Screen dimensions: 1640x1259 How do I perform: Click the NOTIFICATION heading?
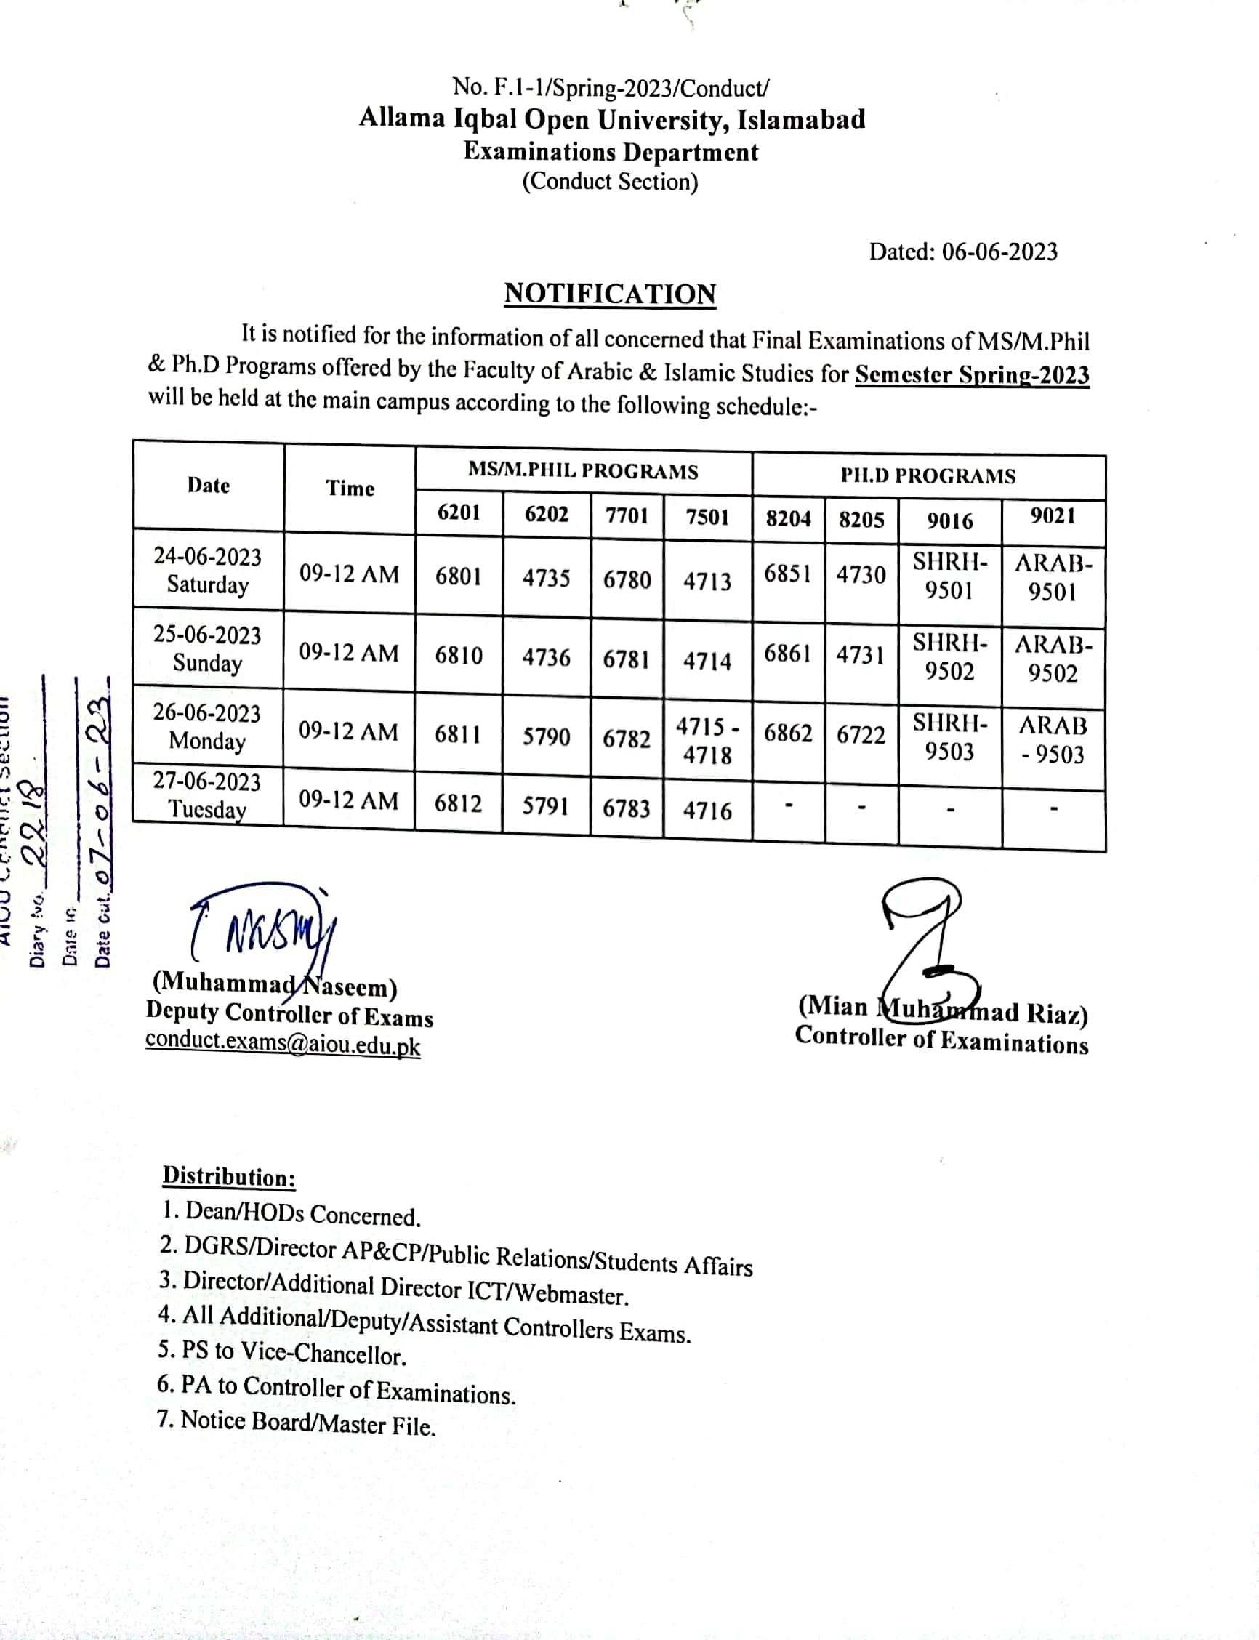(x=609, y=294)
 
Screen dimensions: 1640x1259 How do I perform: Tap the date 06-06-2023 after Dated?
(x=999, y=252)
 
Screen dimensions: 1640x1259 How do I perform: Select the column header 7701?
(x=627, y=515)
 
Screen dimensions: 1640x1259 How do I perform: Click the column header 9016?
(x=949, y=521)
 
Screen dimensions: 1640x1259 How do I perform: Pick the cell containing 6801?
(x=458, y=576)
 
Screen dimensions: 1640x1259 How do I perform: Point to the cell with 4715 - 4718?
(x=707, y=740)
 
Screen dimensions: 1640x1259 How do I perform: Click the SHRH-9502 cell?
(x=949, y=656)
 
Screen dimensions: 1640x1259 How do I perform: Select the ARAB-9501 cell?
(x=1053, y=578)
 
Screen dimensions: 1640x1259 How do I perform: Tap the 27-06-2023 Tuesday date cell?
(x=207, y=795)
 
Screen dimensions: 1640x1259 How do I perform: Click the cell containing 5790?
(x=546, y=737)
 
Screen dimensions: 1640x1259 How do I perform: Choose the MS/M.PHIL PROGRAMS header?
(x=582, y=472)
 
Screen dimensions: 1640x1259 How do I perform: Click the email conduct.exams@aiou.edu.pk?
(x=283, y=1043)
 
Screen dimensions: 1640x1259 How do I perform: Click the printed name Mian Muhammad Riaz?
(x=942, y=1010)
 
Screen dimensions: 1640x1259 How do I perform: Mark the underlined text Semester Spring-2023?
(x=971, y=374)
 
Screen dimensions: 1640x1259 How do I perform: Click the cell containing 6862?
(x=788, y=732)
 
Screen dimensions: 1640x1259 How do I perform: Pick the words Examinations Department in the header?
(x=610, y=152)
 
